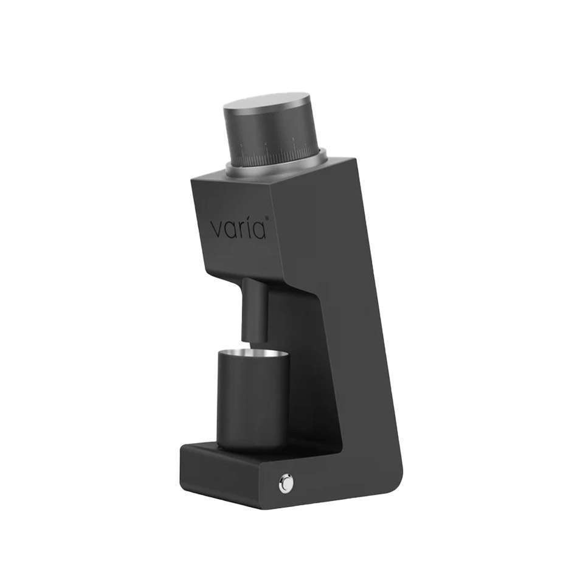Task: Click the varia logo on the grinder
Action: click(239, 229)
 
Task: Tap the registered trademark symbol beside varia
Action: click(267, 218)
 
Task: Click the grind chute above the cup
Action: click(255, 310)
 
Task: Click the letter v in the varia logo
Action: click(218, 230)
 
